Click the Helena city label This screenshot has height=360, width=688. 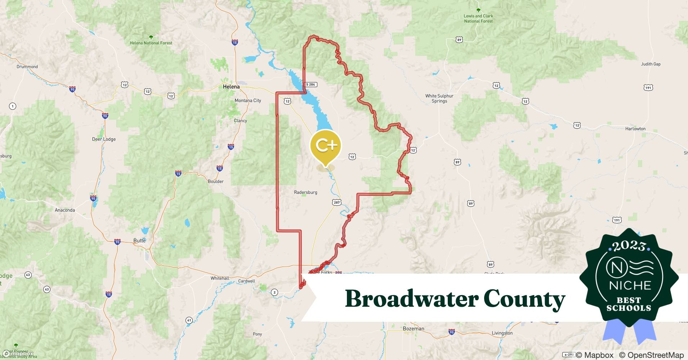(x=231, y=87)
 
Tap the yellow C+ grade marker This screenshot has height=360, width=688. (x=326, y=145)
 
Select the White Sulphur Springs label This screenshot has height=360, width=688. (x=439, y=98)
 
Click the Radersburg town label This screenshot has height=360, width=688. (x=305, y=192)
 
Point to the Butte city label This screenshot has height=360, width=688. (x=139, y=240)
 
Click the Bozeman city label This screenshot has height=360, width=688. (x=413, y=329)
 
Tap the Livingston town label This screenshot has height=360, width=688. (x=502, y=333)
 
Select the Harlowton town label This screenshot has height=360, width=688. (x=635, y=129)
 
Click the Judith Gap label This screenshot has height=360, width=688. (x=651, y=64)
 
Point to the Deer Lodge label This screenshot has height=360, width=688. (x=104, y=139)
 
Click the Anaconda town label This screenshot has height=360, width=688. (x=65, y=210)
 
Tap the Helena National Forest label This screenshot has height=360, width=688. (x=151, y=43)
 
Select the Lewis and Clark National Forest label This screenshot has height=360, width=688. (x=478, y=18)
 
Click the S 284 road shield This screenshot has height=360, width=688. (x=311, y=85)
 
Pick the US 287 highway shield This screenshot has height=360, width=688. (x=336, y=202)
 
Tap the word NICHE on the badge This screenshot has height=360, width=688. (x=630, y=285)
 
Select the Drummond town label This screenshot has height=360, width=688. (x=27, y=67)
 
